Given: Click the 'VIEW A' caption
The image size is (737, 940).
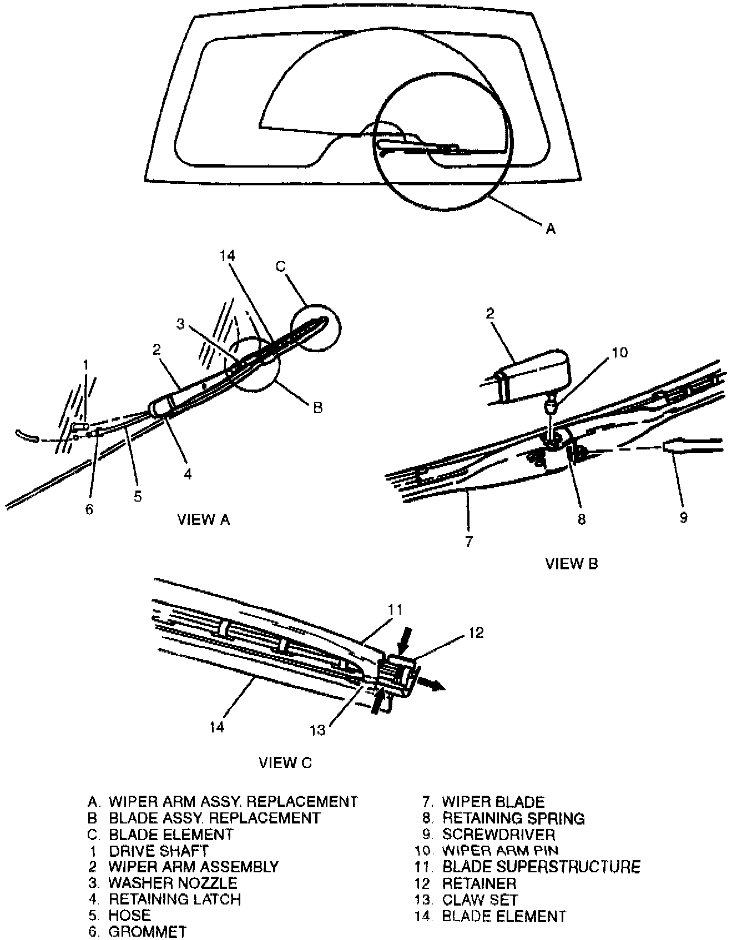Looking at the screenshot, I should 203,519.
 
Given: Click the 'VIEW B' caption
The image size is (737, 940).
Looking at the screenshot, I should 572,564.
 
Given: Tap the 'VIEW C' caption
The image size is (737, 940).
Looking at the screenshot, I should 285,762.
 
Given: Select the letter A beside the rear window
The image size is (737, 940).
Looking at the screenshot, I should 551,228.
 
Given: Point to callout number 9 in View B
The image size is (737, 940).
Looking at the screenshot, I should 684,517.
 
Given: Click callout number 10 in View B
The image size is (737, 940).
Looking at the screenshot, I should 619,352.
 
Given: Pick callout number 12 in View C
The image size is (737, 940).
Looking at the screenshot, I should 476,633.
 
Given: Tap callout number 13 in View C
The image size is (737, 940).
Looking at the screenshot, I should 317,730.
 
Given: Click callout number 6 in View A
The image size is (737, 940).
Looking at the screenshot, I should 89,509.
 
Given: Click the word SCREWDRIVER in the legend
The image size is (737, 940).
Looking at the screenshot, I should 498,835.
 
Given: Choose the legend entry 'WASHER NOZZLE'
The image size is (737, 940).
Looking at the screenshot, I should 173,883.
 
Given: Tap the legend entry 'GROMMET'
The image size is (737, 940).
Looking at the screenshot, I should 147,932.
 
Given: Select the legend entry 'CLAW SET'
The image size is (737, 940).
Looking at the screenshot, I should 479,899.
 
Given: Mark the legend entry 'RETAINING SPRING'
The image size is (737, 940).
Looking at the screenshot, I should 513,818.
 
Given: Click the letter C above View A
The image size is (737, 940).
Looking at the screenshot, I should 281,266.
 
